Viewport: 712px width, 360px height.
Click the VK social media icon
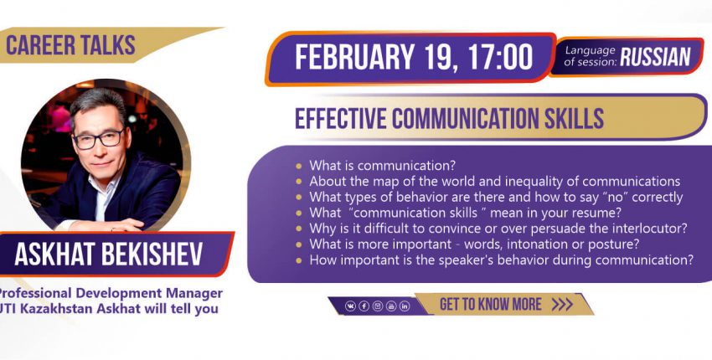pyautogui.click(x=350, y=306)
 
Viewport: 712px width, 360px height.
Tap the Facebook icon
pyautogui.click(x=364, y=306)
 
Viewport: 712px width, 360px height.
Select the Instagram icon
pyautogui.click(x=378, y=306)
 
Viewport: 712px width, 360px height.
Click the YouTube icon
pyautogui.click(x=391, y=306)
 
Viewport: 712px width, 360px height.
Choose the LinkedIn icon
pyautogui.click(x=405, y=306)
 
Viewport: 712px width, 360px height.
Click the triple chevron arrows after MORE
pyautogui.click(x=562, y=304)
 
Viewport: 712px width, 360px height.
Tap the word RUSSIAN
pyautogui.click(x=655, y=57)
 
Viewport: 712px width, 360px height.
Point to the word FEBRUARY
pyautogui.click(x=354, y=57)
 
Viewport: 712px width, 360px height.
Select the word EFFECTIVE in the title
pyautogui.click(x=341, y=118)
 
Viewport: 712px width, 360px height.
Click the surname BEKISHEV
pyautogui.click(x=152, y=255)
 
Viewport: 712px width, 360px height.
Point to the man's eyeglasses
pyautogui.click(x=99, y=138)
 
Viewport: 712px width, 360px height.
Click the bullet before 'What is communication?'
pyautogui.click(x=298, y=166)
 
